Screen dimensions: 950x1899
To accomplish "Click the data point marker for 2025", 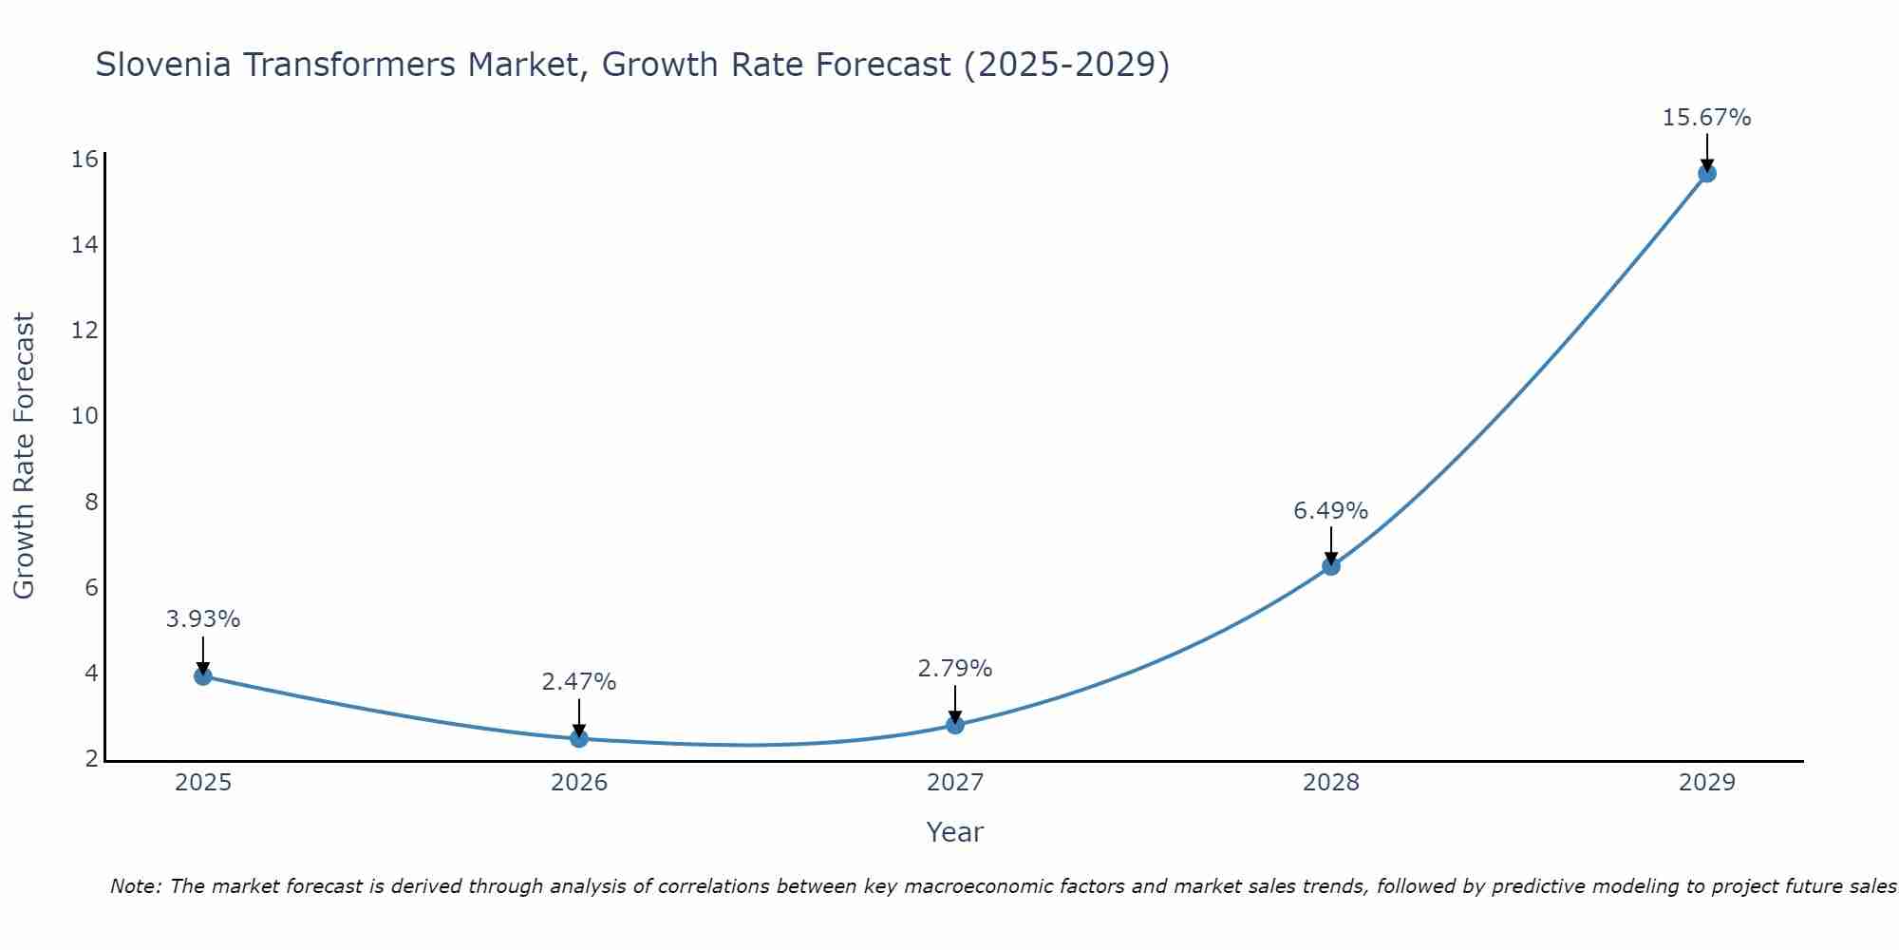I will (202, 676).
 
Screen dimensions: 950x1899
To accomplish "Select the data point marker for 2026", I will (579, 738).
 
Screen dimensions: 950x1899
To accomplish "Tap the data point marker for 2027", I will (955, 725).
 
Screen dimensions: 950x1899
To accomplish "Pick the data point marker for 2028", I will (1331, 566).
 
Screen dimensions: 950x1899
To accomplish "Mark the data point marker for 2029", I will (1707, 173).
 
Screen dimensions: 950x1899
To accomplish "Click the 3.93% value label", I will (202, 619).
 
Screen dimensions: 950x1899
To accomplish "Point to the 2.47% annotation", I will (579, 682).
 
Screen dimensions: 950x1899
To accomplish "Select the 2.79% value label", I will (955, 669).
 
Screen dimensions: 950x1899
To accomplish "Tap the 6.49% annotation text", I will (1331, 511).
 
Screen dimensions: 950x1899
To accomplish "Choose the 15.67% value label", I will (1706, 118).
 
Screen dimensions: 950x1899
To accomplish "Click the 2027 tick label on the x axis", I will (955, 783).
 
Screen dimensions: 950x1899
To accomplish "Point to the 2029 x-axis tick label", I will (1707, 783).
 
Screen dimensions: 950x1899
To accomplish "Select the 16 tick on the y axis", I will (85, 159).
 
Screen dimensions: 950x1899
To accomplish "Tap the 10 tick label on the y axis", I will (85, 415).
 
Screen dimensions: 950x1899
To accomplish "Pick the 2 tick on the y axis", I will (92, 758).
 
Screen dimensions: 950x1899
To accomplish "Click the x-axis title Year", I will (955, 832).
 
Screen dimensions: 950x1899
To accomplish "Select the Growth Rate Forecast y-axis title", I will (25, 456).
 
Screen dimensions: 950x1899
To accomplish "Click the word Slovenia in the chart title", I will (162, 65).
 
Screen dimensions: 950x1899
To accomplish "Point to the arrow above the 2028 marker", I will (1331, 543).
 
